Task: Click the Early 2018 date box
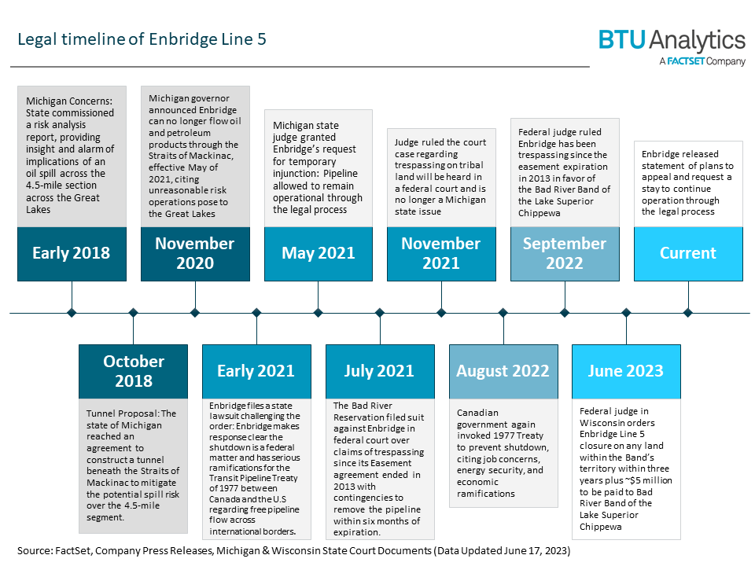click(72, 254)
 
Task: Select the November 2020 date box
click(195, 254)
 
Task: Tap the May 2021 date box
click(319, 254)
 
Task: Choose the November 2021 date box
click(441, 254)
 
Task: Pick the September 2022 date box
click(565, 254)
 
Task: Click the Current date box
click(688, 254)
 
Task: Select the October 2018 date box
click(134, 371)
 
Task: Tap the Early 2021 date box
click(256, 371)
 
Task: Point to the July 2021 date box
click(380, 371)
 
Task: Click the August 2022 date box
click(503, 371)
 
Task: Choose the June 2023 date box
click(626, 371)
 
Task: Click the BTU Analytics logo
click(672, 46)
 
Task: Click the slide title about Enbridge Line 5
click(142, 39)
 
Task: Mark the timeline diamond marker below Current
click(688, 313)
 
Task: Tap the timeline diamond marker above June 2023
click(626, 313)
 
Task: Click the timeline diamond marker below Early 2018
click(72, 313)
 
